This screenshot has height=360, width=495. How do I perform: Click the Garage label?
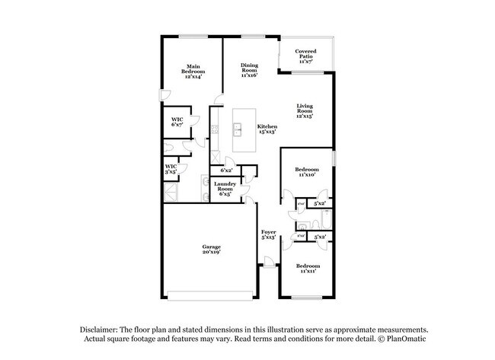click(x=211, y=249)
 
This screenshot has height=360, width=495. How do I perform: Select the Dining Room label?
click(x=249, y=70)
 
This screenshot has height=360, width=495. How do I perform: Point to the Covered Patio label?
click(x=305, y=56)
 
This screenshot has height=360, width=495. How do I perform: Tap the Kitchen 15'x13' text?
click(x=267, y=129)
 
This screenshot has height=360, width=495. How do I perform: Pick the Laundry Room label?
click(x=224, y=190)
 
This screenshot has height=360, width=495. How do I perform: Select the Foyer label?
click(x=268, y=234)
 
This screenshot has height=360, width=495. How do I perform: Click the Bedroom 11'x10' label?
click(x=306, y=172)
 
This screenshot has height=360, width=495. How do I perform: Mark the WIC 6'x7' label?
click(x=177, y=123)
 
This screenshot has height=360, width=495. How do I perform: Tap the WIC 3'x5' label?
click(x=171, y=169)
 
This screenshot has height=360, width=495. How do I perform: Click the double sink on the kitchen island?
click(x=238, y=129)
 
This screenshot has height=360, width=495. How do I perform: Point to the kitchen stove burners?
click(x=216, y=130)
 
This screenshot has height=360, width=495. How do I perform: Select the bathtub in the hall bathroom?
click(x=327, y=220)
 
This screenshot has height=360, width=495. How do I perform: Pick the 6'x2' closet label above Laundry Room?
click(x=226, y=170)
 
